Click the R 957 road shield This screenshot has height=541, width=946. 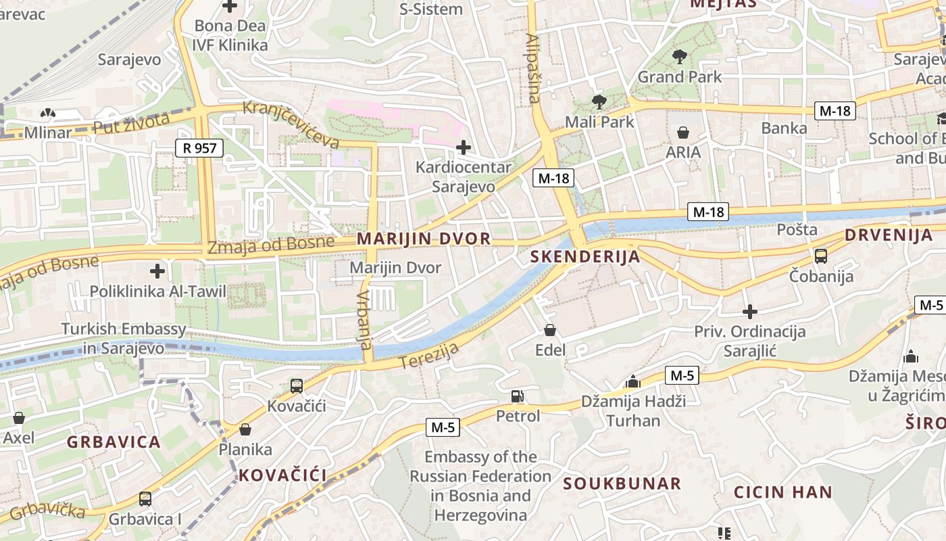(x=199, y=148)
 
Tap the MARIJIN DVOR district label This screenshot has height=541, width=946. (x=424, y=239)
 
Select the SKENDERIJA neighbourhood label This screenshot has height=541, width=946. (x=585, y=256)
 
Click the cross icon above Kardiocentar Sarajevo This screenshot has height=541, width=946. (x=464, y=147)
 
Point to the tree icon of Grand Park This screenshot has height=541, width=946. (x=680, y=57)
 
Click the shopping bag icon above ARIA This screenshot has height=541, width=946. (x=683, y=132)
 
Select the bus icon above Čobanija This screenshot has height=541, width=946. (x=821, y=256)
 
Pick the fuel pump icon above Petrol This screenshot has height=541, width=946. (x=518, y=396)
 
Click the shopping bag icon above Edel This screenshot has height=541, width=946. (x=551, y=330)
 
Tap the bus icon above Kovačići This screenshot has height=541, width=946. (x=297, y=386)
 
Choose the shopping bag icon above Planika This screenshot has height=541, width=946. (x=245, y=429)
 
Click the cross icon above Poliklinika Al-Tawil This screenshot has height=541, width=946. (x=157, y=271)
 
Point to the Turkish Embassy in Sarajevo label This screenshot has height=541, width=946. (x=124, y=339)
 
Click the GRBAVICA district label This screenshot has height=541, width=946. (x=114, y=442)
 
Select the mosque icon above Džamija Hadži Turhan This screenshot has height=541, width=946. (x=633, y=381)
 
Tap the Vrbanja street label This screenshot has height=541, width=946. (x=365, y=320)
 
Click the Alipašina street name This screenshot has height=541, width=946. (x=533, y=68)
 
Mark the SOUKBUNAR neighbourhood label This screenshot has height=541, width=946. (x=622, y=484)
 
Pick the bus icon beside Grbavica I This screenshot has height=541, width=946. (x=145, y=499)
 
